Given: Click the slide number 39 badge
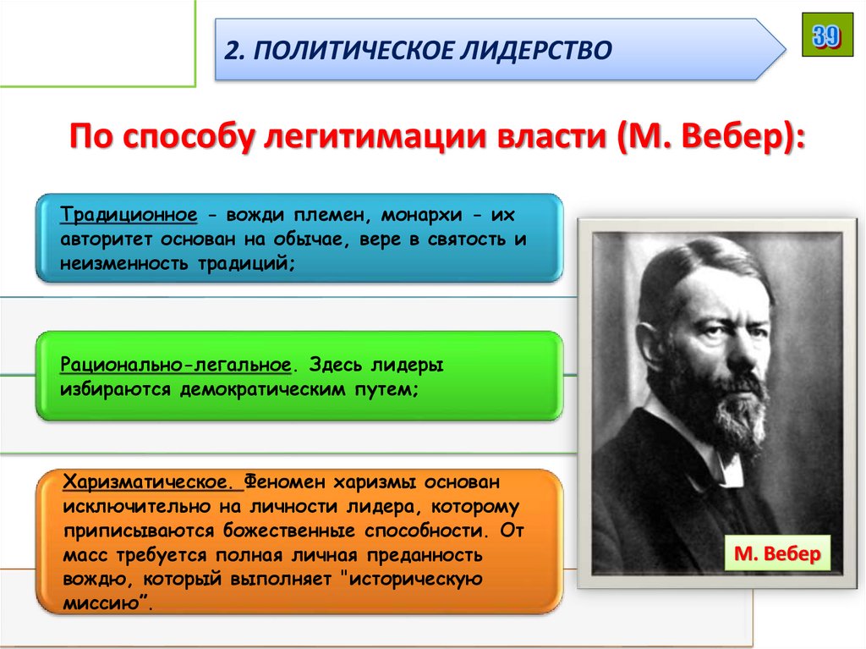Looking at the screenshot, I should (x=827, y=36).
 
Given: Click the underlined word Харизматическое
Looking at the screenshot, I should (x=152, y=482).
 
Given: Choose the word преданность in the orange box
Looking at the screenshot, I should (x=431, y=557).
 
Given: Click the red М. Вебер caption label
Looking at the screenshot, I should (x=777, y=555).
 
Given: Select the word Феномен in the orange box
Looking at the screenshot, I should (x=284, y=482).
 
